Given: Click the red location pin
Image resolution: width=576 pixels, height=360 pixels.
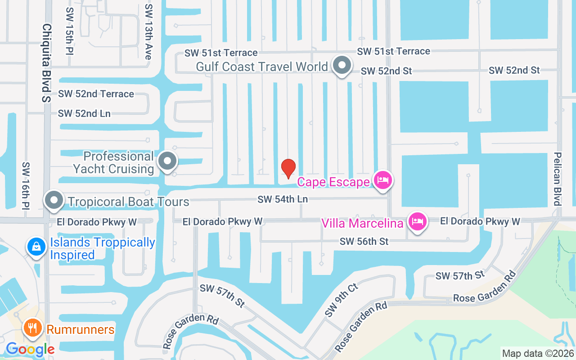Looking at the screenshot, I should coord(288,169).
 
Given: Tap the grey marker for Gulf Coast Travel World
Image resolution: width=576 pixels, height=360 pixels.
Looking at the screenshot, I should coord(342,66).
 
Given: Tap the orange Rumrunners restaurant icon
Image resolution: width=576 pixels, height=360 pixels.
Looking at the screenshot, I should coord(32,328).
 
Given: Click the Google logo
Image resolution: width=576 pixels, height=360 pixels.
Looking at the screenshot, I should coord(30,349).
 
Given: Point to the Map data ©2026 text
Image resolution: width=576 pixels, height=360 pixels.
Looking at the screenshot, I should coord(538,353).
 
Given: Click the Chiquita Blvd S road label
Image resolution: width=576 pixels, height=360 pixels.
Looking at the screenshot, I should coord(47,63).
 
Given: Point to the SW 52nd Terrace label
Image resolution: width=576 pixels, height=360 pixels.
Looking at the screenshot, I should coord(96,94).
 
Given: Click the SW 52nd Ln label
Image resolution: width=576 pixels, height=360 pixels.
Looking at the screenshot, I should coord(84,113).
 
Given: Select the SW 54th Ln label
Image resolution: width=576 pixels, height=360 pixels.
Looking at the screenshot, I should coord(282,199).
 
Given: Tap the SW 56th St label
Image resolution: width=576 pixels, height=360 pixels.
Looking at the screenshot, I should coord(364,242).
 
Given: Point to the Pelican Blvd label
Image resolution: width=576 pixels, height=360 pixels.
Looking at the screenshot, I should coord(558,178).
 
